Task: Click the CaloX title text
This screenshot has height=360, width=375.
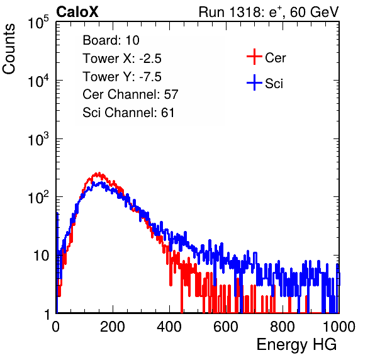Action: click(x=77, y=12)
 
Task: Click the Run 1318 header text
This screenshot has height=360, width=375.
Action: click(x=269, y=12)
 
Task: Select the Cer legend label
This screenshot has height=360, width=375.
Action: click(x=275, y=58)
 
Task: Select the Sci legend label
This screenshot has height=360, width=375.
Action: click(x=274, y=84)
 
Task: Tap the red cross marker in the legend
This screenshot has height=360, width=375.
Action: click(x=254, y=57)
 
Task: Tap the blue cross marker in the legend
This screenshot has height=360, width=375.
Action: click(x=254, y=82)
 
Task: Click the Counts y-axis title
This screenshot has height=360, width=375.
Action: click(x=9, y=49)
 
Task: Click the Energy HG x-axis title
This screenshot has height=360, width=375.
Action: click(x=296, y=345)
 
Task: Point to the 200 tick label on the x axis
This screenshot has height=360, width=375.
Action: click(x=113, y=327)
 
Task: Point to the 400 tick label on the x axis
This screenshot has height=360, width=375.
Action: click(x=169, y=327)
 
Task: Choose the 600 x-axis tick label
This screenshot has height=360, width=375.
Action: click(x=226, y=327)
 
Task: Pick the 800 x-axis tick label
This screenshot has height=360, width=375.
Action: click(x=283, y=327)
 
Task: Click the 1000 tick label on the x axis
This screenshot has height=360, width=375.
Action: click(x=339, y=327)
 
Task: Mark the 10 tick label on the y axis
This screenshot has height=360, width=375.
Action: click(x=41, y=256)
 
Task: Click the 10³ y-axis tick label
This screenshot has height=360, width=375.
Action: click(x=38, y=140)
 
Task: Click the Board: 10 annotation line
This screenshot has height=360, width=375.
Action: click(x=111, y=40)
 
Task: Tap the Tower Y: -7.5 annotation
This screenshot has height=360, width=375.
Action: click(x=122, y=77)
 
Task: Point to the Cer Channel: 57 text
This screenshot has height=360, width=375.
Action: click(x=130, y=94)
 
